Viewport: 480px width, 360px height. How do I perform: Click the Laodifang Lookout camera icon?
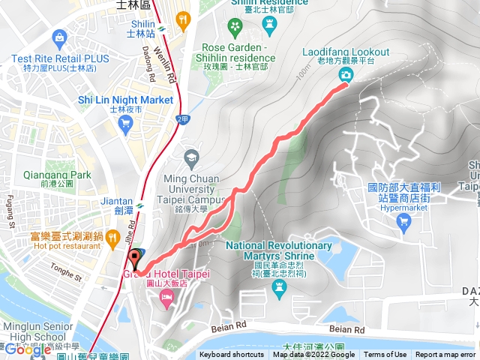coord(345,73)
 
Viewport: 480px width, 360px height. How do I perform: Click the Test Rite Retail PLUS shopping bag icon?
coord(58,37)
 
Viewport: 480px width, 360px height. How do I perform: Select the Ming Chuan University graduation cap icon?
coord(190,157)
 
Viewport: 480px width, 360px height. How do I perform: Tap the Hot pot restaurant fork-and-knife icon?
coord(112,238)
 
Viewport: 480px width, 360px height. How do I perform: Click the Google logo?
coord(27,349)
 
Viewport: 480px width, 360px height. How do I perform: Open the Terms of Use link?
coord(385,355)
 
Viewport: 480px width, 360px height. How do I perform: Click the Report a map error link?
coord(446,355)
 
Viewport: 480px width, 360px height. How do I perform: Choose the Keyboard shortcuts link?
coord(232,355)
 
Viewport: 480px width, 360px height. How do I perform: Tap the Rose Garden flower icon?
coord(235,28)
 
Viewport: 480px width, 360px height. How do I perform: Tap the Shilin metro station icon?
coord(181,20)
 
